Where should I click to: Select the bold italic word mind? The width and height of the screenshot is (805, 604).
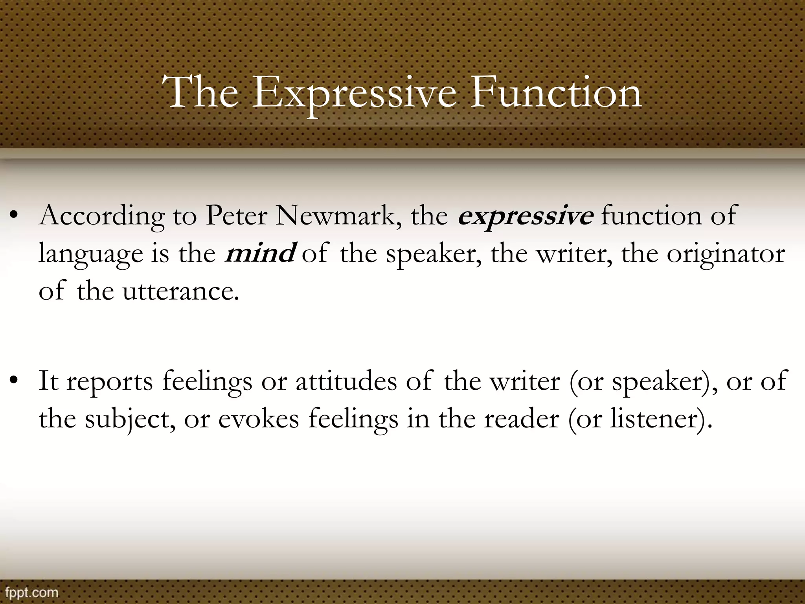pos(259,254)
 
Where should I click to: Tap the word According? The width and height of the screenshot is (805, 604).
pos(101,216)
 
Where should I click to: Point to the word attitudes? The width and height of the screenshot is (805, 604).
pos(346,381)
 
